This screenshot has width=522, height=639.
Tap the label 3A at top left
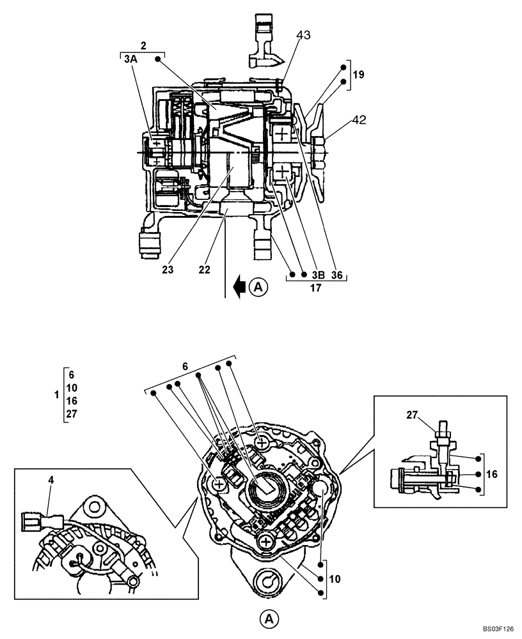pyautogui.click(x=130, y=59)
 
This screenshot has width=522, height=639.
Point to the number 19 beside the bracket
pyautogui.click(x=358, y=75)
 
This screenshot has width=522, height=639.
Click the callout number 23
pyautogui.click(x=167, y=269)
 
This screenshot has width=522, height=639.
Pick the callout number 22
pyautogui.click(x=204, y=269)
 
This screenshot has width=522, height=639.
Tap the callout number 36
pyautogui.click(x=337, y=275)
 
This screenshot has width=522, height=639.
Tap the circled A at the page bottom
pyautogui.click(x=269, y=618)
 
